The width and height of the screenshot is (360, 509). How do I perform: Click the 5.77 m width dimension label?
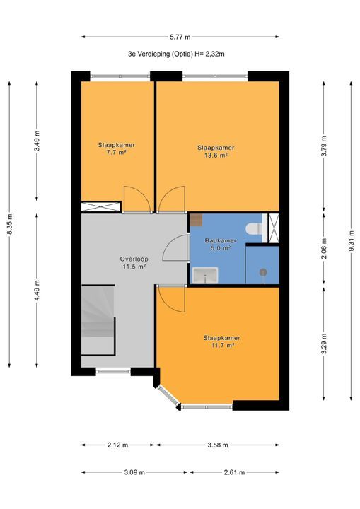(x=180, y=37)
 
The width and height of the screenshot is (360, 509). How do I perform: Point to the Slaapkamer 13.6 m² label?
(x=216, y=151)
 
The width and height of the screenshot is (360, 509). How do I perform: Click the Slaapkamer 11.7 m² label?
(x=222, y=341)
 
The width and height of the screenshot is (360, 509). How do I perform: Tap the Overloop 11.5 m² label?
(x=134, y=262)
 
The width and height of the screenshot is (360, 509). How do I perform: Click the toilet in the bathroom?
(x=254, y=228)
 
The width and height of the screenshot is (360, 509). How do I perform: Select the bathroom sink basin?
(x=205, y=275)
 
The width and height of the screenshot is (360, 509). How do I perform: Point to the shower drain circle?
(x=263, y=272)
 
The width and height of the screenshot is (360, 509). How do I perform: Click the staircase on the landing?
(x=98, y=320)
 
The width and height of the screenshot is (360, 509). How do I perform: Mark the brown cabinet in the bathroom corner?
(x=196, y=220)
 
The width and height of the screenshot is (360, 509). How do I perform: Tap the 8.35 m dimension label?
(x=9, y=225)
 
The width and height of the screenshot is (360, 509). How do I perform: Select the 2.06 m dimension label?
(x=324, y=250)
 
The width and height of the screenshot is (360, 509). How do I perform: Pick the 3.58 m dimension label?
(x=218, y=445)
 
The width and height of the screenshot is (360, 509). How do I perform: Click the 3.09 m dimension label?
(x=134, y=472)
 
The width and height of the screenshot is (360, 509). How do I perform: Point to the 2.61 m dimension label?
(x=234, y=472)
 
